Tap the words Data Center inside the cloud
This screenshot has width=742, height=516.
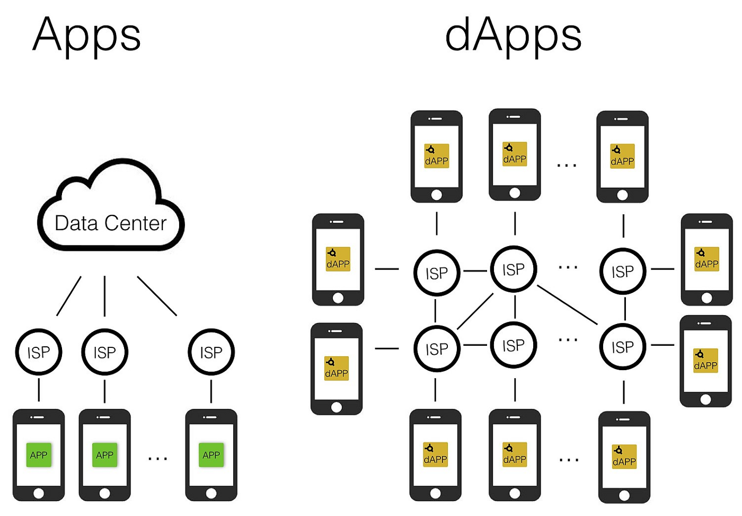(x=110, y=223)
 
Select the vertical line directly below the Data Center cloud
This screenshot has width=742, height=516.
(x=104, y=296)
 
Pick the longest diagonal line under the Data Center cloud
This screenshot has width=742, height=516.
(x=157, y=296)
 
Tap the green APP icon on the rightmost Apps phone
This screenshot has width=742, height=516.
(x=211, y=455)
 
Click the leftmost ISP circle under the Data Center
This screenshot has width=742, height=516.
(x=39, y=352)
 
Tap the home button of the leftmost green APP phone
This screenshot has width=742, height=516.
(x=39, y=493)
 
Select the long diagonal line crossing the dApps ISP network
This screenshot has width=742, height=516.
(x=567, y=305)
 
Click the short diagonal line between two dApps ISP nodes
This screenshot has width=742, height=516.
(x=475, y=311)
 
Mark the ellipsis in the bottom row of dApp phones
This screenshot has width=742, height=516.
(x=569, y=460)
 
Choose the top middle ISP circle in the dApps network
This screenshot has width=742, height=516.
(x=513, y=269)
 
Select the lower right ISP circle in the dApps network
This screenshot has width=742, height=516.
(x=622, y=347)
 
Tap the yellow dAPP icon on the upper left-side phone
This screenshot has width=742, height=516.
(x=338, y=259)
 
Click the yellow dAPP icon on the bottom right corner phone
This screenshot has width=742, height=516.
(x=624, y=457)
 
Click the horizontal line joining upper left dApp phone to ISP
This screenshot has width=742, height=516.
(x=386, y=269)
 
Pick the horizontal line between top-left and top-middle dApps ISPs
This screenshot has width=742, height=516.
(x=475, y=271)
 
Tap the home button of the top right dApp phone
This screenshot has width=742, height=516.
(x=622, y=195)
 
